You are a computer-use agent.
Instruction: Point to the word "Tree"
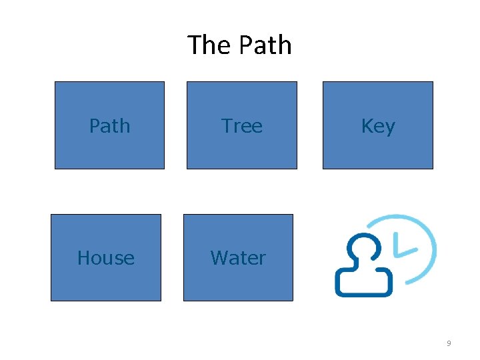[241, 126]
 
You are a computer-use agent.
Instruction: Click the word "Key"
[377, 127]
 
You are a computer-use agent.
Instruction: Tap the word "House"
[105, 258]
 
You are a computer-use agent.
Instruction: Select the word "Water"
[238, 258]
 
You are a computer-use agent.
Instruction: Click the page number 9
[449, 343]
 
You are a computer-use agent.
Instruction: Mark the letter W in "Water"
[218, 258]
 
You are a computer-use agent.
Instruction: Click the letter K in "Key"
[366, 126]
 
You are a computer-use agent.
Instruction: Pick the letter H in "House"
[83, 258]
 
